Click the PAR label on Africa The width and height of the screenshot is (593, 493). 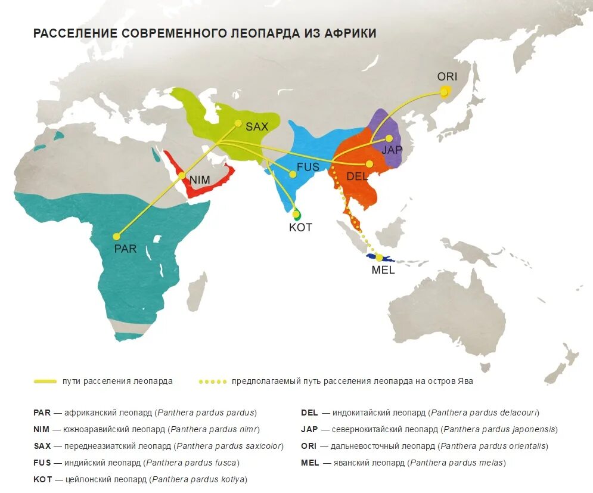[x=125, y=249]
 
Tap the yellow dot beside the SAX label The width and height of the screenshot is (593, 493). [x=238, y=124]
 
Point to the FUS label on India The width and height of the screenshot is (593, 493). [x=308, y=167]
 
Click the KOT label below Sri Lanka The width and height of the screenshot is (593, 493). [x=300, y=227]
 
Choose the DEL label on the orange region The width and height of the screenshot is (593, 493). [x=357, y=176]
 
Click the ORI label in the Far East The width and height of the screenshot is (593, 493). [x=447, y=76]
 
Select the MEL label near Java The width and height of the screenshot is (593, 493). [x=383, y=269]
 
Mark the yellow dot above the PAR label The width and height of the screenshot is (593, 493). [x=116, y=237]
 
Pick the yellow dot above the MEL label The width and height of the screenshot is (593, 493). [x=379, y=258]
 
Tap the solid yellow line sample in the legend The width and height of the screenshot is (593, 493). [x=45, y=381]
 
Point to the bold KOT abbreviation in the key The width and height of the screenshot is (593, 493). [x=42, y=479]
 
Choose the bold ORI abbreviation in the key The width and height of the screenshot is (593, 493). [x=309, y=446]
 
